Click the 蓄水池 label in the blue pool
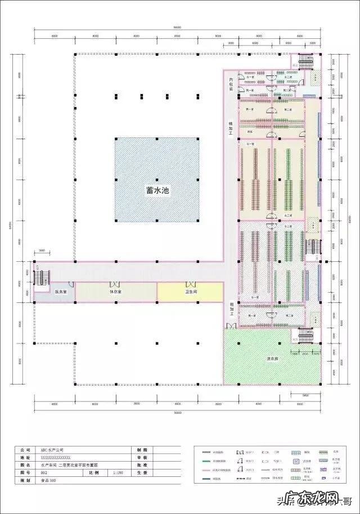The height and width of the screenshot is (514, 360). coord(157,191)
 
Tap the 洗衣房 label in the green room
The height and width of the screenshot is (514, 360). coord(273,359)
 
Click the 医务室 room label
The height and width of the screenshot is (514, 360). coord(61,292)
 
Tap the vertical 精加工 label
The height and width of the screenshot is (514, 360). coord(231,129)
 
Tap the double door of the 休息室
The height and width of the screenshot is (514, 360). coord(115,283)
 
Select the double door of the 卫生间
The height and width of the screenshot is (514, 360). coord(190,283)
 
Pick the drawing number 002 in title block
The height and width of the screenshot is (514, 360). coord(44,473)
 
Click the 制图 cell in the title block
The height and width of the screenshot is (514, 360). coord(141,450)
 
